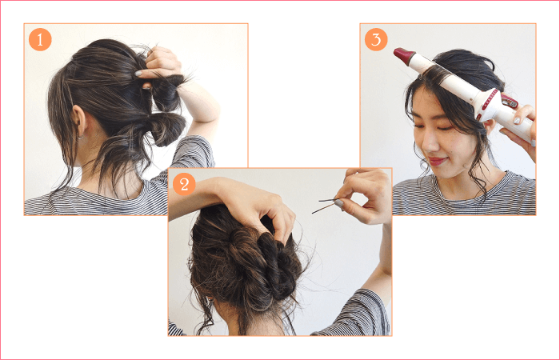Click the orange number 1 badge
point(40,39)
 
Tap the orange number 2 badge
point(184,184)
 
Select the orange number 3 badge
point(376,39)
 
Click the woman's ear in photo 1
point(79,120)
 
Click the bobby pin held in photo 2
point(326,206)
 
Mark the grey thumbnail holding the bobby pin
point(339,203)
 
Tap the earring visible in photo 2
point(210,300)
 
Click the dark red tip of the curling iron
point(403,55)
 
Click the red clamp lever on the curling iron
point(509,101)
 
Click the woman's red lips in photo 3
point(437,161)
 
